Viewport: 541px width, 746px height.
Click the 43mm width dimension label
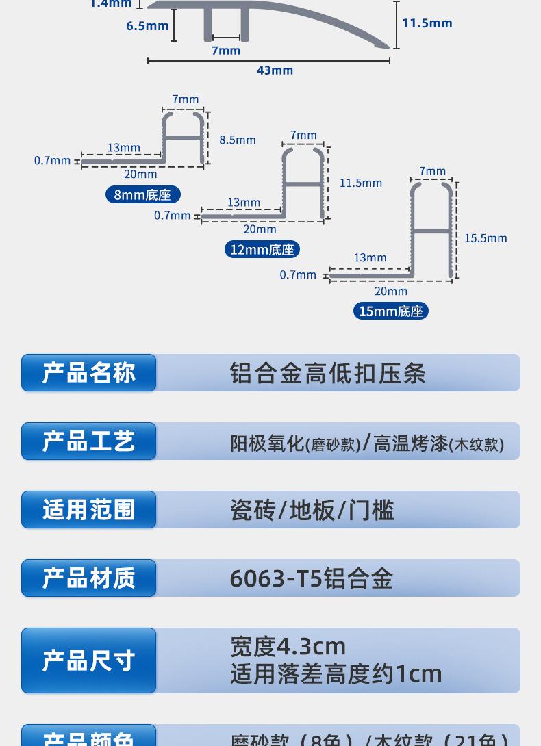[x=275, y=70]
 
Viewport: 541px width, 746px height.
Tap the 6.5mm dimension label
[x=147, y=26]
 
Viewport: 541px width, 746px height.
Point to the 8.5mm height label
[x=238, y=140]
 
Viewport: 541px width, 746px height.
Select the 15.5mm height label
[x=486, y=238]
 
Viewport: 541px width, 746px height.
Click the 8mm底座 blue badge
[x=142, y=194]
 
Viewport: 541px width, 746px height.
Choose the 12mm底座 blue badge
[x=262, y=250]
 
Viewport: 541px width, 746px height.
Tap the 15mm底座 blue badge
[x=391, y=311]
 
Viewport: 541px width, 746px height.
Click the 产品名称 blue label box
[x=89, y=373]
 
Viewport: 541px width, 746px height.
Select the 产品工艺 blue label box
[x=89, y=441]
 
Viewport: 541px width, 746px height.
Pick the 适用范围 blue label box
[x=89, y=510]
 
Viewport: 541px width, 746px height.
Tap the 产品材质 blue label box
[x=89, y=578]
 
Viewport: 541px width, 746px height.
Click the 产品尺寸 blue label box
[x=89, y=660]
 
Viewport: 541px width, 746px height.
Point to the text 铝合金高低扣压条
[x=328, y=373]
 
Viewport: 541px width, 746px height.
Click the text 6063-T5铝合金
[x=312, y=578]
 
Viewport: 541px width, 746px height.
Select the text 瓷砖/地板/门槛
[x=312, y=510]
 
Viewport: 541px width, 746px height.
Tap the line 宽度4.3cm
[x=288, y=646]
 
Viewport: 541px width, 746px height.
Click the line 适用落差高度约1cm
[x=336, y=674]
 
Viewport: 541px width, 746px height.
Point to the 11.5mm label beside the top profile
[x=427, y=23]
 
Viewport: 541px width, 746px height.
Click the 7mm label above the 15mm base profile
[x=432, y=171]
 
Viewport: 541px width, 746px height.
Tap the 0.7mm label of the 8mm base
[x=53, y=161]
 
